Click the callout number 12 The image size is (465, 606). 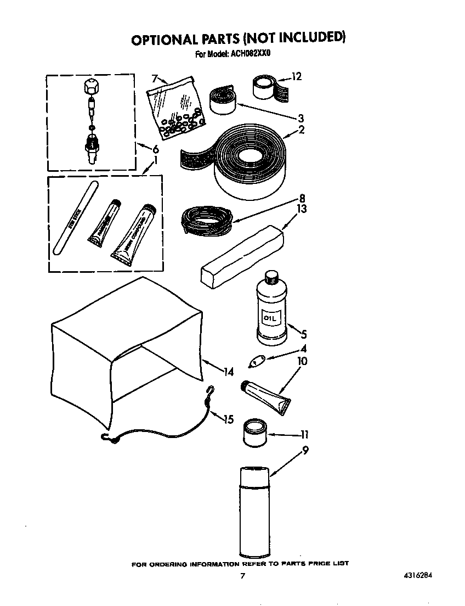297,77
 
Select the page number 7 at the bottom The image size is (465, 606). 242,576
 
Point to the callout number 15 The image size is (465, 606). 228,420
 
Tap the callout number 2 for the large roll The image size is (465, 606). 301,130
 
